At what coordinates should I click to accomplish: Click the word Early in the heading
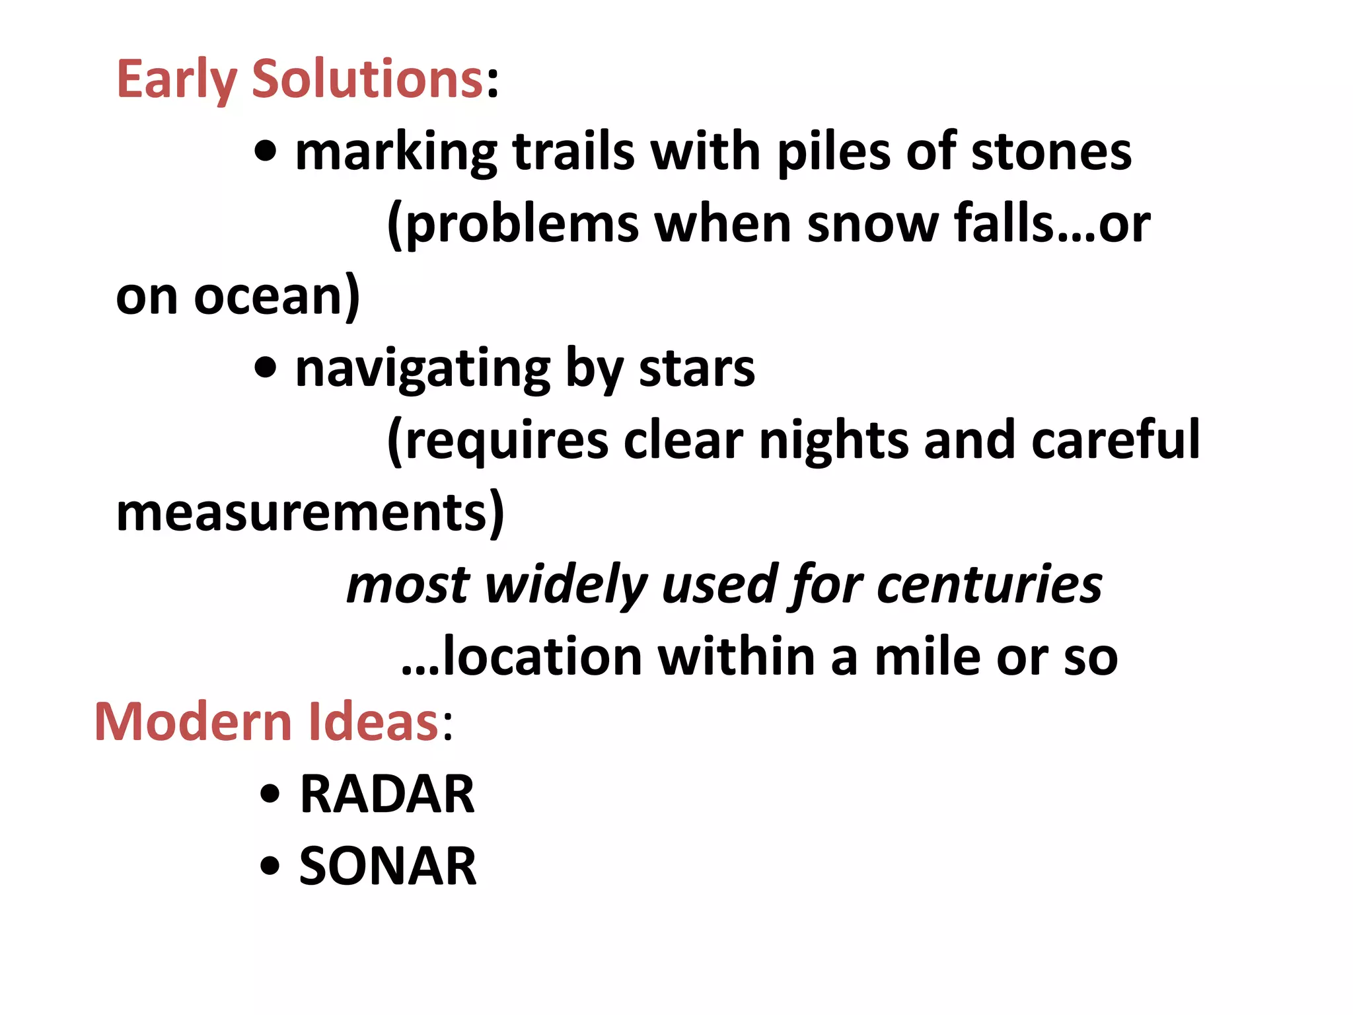[x=176, y=79]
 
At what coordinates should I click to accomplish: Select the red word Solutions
[x=367, y=79]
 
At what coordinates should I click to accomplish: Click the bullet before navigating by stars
[x=266, y=368]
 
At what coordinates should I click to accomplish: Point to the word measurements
[x=309, y=513]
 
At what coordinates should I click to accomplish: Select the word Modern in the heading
[x=194, y=722]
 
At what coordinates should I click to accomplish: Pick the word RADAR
[x=387, y=794]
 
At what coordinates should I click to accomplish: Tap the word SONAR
[x=387, y=866]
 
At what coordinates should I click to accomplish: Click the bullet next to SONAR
[x=270, y=866]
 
